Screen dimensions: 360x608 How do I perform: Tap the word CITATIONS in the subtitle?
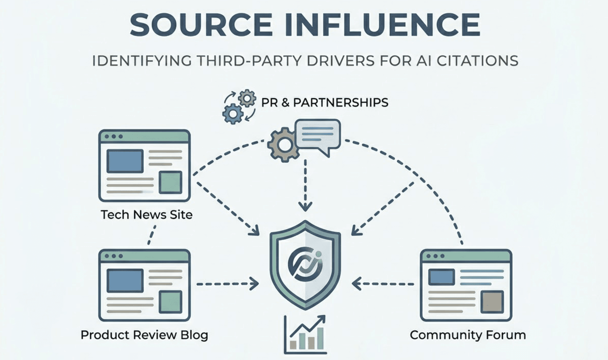(x=477, y=61)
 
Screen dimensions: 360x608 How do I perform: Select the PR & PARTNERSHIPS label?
(x=324, y=103)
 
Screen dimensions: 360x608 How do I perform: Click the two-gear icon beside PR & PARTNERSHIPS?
(x=239, y=106)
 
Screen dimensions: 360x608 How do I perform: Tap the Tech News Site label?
(x=146, y=215)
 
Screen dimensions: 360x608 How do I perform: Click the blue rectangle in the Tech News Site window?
(x=125, y=161)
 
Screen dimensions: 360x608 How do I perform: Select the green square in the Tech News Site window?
(x=170, y=182)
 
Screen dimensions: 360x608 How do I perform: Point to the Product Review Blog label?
(x=144, y=335)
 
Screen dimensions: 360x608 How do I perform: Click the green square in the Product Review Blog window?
(x=170, y=302)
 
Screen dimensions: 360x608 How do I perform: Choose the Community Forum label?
(x=468, y=335)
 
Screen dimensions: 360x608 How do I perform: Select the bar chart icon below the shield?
(x=305, y=335)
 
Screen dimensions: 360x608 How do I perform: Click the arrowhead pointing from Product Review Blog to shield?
(x=255, y=284)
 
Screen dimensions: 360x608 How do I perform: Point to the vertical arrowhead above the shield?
(x=305, y=207)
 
